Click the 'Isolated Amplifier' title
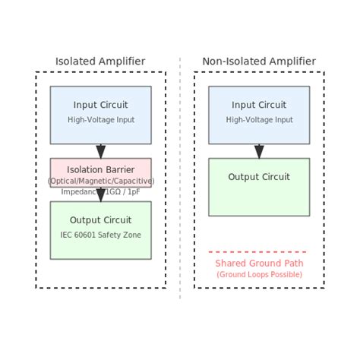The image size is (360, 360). point(100,62)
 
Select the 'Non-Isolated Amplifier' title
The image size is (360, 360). point(259,62)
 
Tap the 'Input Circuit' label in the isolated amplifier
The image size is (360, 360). point(100,106)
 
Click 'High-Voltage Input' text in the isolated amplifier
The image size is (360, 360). point(100,120)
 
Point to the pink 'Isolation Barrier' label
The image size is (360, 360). point(100,169)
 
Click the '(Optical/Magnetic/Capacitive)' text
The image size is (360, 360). point(100,181)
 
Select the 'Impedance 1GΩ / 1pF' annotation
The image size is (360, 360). point(100,191)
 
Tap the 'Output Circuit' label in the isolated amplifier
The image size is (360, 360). point(100,220)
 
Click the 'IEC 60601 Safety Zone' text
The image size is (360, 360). point(100,235)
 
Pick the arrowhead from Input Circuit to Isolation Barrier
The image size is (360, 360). point(100,152)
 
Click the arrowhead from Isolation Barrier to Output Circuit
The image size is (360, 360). point(100,195)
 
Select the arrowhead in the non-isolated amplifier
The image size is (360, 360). point(259,152)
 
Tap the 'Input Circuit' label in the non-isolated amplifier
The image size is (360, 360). point(259,106)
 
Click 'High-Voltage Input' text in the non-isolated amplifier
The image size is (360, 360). point(259,120)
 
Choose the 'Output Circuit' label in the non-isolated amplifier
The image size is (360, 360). point(259,177)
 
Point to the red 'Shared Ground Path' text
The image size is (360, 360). point(259,264)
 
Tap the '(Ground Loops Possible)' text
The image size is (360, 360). point(259,274)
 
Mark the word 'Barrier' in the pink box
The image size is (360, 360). point(118,169)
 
